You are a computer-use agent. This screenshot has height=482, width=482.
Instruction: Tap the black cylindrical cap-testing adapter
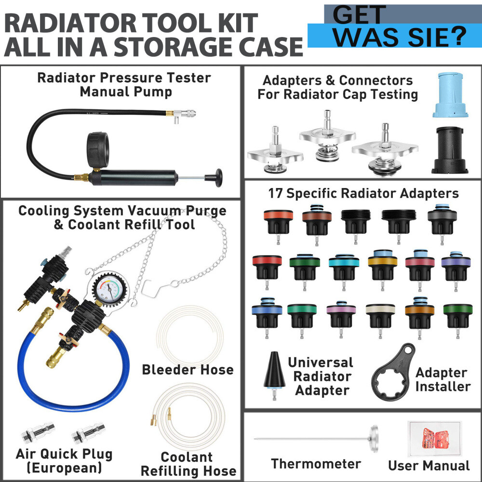click(x=450, y=150)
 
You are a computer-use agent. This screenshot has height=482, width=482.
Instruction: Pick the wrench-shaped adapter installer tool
click(x=393, y=373)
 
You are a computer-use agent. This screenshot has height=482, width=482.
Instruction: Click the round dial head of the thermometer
click(x=374, y=439)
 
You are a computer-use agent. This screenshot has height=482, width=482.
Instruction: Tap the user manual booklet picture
click(x=435, y=439)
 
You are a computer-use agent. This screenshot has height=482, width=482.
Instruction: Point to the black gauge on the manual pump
click(x=98, y=150)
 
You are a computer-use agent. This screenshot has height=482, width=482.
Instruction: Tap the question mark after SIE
click(x=457, y=36)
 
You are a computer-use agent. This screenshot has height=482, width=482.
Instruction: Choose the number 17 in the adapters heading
click(x=275, y=193)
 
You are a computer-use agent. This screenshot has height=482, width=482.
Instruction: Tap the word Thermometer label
click(x=316, y=464)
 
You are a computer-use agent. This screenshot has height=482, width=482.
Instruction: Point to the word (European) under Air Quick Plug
click(x=64, y=468)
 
